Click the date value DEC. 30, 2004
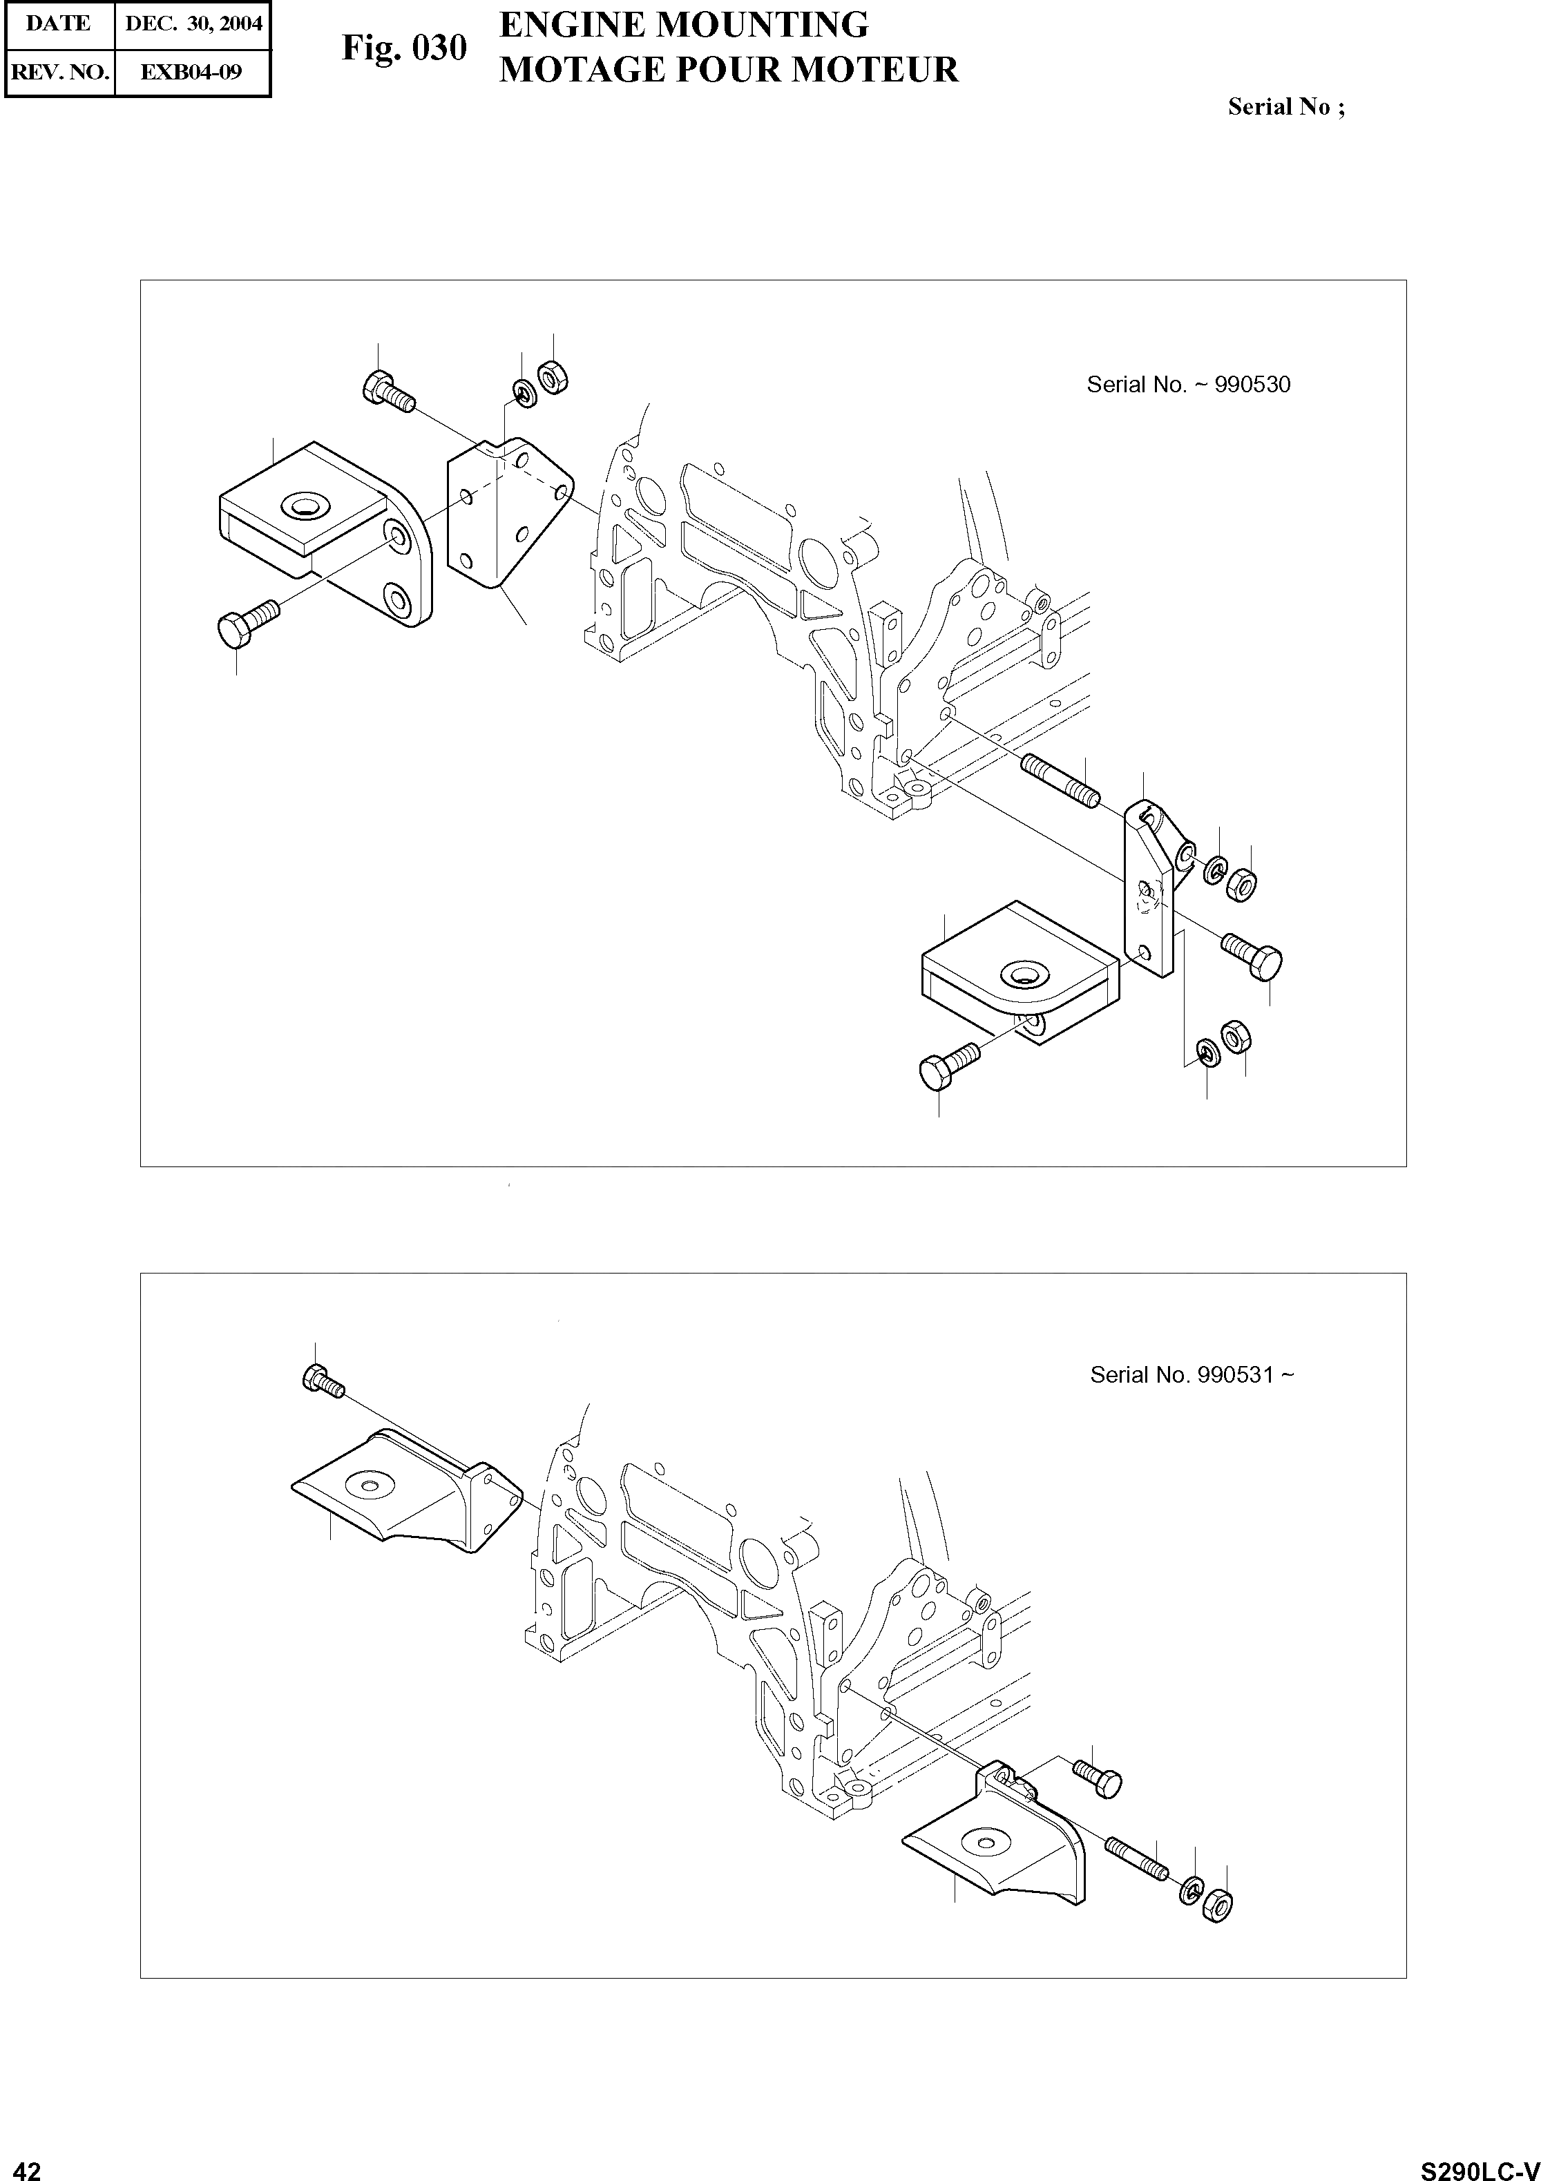point(193,23)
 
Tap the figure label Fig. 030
point(404,48)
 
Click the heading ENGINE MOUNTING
point(683,25)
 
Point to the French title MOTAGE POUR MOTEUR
point(729,69)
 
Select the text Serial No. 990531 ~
point(1191,1374)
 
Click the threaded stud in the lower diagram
point(1136,1858)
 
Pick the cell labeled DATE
point(59,23)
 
